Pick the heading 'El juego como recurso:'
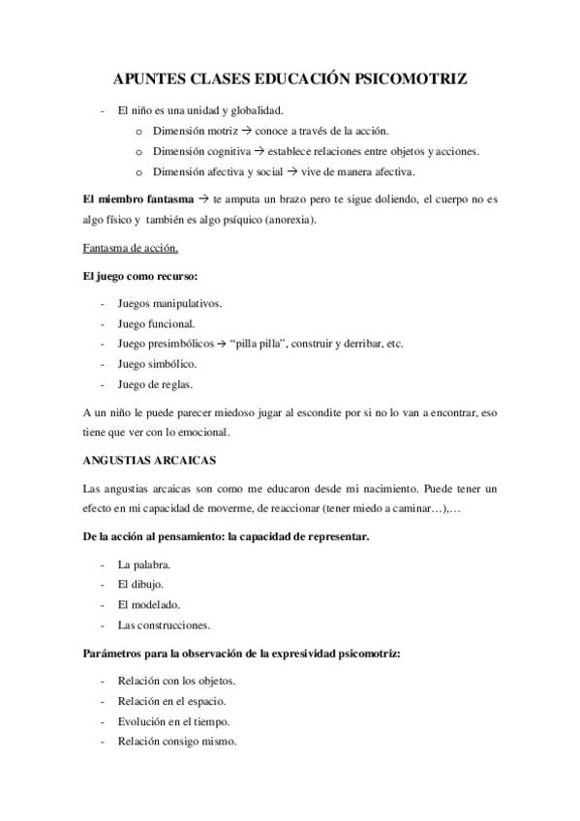click(x=139, y=277)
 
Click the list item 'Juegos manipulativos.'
click(x=168, y=303)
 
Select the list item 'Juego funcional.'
click(x=156, y=323)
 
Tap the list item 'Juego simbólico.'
click(x=157, y=364)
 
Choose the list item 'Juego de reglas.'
click(x=154, y=384)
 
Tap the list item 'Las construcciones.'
click(x=164, y=624)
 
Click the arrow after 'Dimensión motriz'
click(x=247, y=131)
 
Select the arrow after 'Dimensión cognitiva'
click(x=259, y=151)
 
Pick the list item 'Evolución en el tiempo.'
click(x=173, y=722)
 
